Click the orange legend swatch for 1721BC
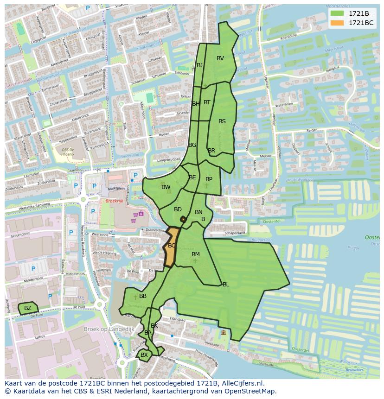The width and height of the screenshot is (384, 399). pos(337,23)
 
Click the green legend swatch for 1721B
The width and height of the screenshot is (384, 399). pos(337,13)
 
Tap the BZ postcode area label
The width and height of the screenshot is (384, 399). pos(28,308)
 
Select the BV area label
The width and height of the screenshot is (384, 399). pos(220,58)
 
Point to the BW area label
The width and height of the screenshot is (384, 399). pos(166,187)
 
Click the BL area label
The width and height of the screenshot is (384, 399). pos(226,285)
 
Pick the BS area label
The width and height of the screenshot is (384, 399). pos(222,121)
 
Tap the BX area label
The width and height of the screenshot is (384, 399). pos(144,355)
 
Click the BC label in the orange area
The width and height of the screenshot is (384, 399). pos(172,246)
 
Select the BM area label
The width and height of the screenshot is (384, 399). pos(196,254)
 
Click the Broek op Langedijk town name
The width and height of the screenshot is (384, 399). pos(109,329)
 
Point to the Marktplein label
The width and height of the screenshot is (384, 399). pos(116,189)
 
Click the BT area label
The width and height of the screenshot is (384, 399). pos(207,102)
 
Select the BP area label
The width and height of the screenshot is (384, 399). pos(209,179)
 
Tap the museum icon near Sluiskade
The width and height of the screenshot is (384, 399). pos(224,333)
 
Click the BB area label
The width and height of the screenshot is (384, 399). pos(143,296)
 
